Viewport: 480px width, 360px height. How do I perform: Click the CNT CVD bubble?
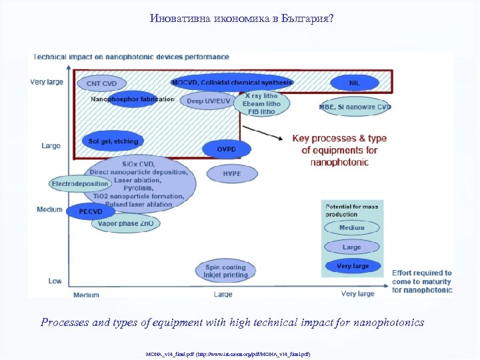[x=101, y=83]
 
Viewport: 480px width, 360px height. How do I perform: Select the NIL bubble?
[x=354, y=83]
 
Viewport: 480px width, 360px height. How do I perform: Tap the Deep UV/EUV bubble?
[x=209, y=101]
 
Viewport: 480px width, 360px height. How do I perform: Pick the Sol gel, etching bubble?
[x=113, y=141]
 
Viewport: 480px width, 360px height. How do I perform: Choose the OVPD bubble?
[x=226, y=149]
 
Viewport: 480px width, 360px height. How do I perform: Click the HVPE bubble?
[x=231, y=174]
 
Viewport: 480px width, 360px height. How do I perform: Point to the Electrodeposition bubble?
[x=79, y=183]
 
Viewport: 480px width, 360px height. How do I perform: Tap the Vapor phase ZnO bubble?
[x=125, y=224]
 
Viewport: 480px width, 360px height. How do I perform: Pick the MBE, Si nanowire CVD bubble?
[x=355, y=107]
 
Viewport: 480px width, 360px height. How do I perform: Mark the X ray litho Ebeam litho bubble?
[x=262, y=104]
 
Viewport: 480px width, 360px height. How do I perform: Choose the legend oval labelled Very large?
[x=353, y=266]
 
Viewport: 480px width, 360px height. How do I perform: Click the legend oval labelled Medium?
[x=351, y=227]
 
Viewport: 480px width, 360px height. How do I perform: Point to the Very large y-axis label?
[x=47, y=83]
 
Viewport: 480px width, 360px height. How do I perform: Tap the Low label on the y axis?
[x=55, y=281]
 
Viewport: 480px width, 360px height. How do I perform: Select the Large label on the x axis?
[x=223, y=294]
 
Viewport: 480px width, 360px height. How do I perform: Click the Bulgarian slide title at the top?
[x=241, y=18]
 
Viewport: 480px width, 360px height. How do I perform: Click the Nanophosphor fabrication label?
[x=132, y=99]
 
